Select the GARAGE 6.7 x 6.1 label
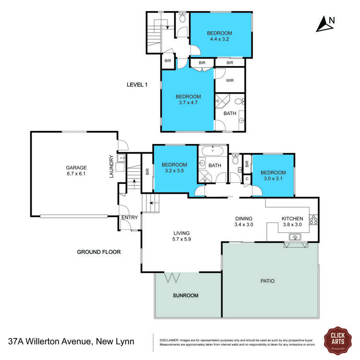coord(76,171)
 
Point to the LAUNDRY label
coord(111,166)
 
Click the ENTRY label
coord(130,217)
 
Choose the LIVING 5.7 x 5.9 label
coord(182,236)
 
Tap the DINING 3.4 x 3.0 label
coord(243,221)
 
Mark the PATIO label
coord(268,281)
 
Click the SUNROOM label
coord(186,295)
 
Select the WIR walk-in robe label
coord(230,80)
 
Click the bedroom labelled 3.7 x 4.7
coord(188,99)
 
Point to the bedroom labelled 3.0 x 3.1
coord(273,176)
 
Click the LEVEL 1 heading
coord(137,84)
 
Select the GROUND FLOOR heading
coord(99,252)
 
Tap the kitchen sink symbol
coord(294,236)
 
